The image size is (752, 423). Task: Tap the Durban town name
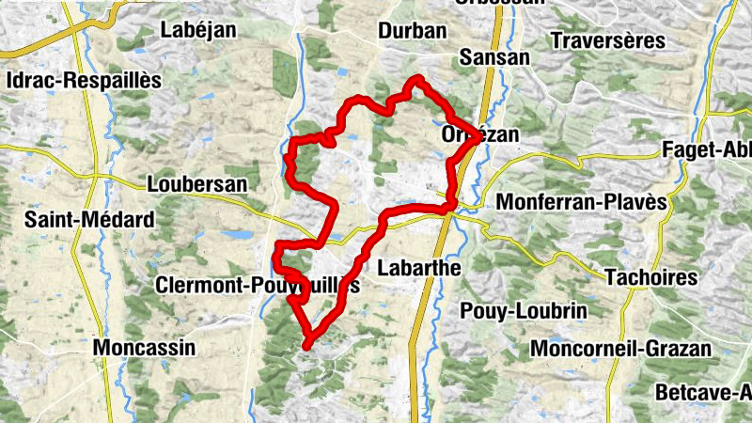412,31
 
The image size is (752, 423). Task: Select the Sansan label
494,57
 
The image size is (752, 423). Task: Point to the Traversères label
608,41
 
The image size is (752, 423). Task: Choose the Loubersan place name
197,184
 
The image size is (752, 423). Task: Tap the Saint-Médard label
89,221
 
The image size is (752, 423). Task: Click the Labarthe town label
418,268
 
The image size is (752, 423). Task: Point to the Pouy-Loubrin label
524,311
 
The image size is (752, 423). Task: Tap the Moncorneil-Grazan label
621,349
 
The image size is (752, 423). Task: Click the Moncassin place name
145,348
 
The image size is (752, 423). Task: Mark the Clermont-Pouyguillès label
259,286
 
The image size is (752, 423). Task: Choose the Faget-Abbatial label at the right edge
706,149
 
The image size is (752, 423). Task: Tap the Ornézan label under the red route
479,136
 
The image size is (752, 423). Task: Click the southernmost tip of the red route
307,348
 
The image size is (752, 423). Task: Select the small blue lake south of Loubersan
237,235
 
